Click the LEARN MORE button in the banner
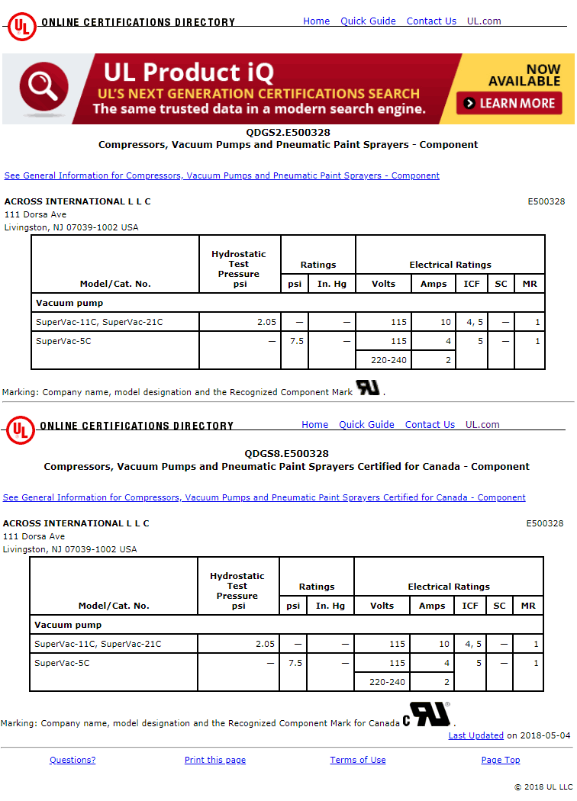(x=509, y=103)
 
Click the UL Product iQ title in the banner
(x=188, y=72)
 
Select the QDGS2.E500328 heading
(x=288, y=132)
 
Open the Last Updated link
(x=475, y=735)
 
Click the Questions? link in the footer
(x=73, y=760)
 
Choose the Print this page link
(x=215, y=760)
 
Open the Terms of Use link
(x=357, y=760)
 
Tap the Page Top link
(x=501, y=760)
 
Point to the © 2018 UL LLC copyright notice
(x=543, y=787)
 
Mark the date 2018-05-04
(x=545, y=735)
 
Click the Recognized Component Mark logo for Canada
(x=427, y=714)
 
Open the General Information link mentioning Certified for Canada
(x=264, y=497)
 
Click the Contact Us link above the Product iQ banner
(x=431, y=21)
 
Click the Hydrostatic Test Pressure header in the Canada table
(x=237, y=590)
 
